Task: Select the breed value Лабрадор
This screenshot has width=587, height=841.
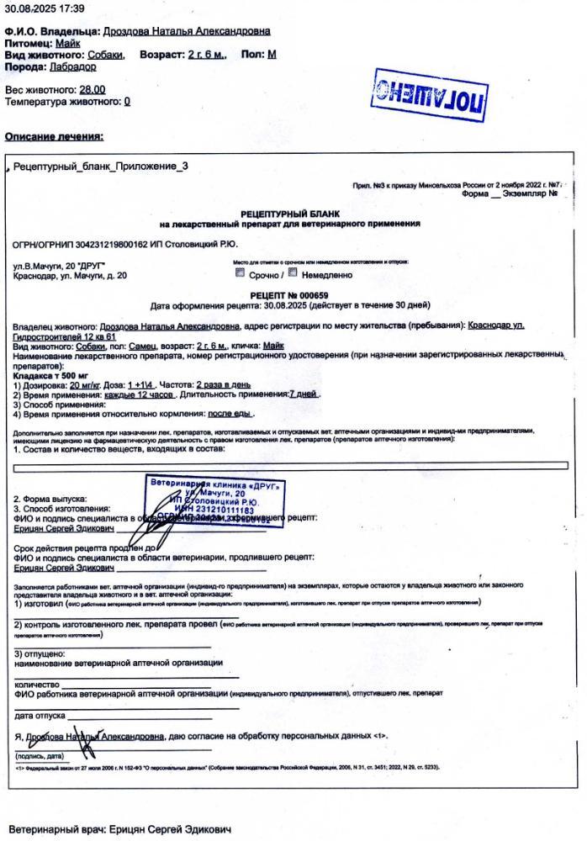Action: (x=73, y=66)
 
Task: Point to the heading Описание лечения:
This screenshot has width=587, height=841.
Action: (x=55, y=136)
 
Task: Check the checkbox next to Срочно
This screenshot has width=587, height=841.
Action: (x=241, y=273)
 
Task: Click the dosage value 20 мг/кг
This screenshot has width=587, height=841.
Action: (x=86, y=384)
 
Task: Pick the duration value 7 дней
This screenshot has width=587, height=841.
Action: (x=304, y=394)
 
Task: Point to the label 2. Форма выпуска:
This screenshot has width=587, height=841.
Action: (x=50, y=498)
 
